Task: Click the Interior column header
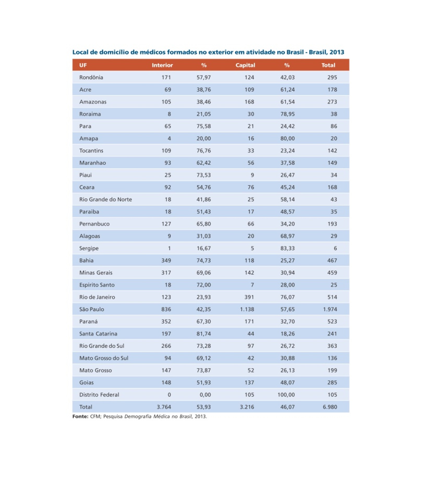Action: (x=162, y=65)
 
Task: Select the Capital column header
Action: (x=245, y=65)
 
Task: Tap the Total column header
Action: (x=328, y=65)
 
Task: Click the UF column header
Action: (x=83, y=65)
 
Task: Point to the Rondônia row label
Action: (x=91, y=77)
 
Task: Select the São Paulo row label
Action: (x=92, y=309)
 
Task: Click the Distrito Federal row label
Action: (x=99, y=395)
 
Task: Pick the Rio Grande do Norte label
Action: (x=105, y=199)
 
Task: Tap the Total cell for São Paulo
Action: (x=330, y=309)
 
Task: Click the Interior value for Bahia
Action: (x=166, y=260)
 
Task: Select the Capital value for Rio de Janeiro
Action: (x=249, y=297)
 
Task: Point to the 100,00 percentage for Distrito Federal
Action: (x=286, y=395)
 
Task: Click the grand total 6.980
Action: (x=330, y=407)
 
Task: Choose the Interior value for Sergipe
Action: (x=169, y=248)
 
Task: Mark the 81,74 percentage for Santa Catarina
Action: (x=203, y=333)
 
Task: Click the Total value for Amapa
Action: (x=334, y=138)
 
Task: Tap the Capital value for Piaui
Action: (x=252, y=175)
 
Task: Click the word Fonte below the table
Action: (x=80, y=416)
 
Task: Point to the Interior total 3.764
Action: (x=164, y=407)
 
